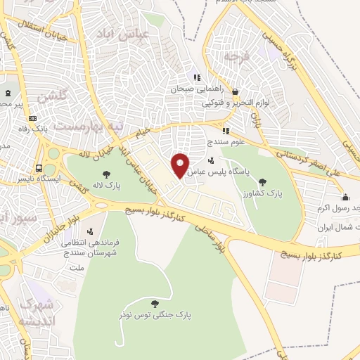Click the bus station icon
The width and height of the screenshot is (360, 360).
[39, 169]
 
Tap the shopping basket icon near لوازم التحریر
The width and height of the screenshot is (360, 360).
[235, 91]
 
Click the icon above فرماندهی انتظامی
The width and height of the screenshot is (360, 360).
[89, 231]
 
